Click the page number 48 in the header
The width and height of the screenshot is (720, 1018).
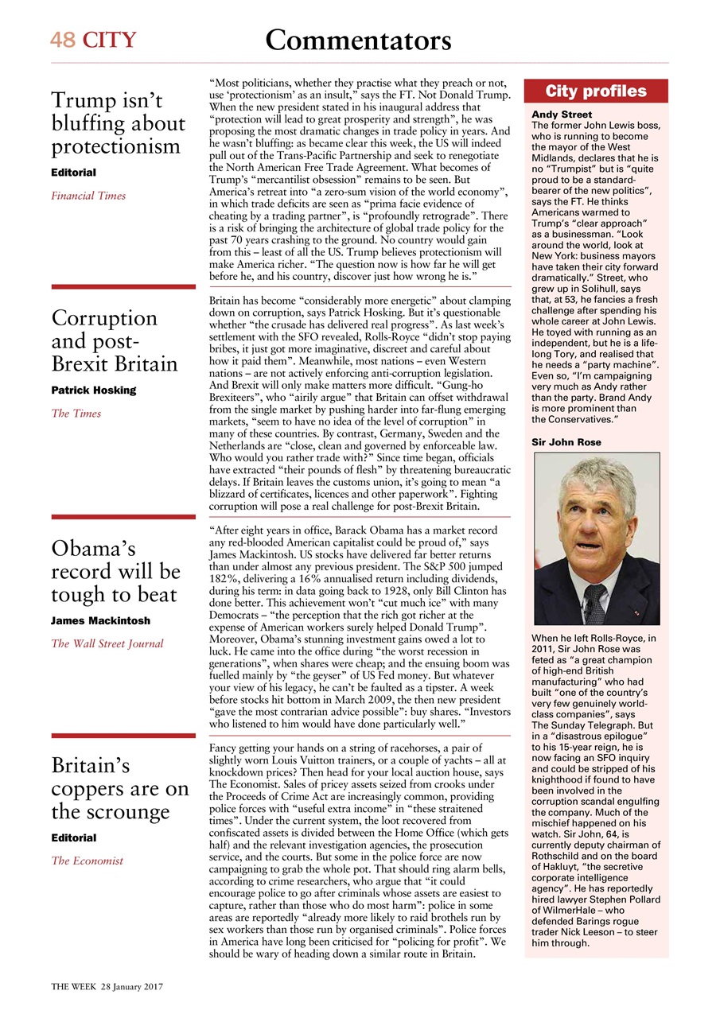[64, 40]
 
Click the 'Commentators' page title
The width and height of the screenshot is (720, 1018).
[358, 39]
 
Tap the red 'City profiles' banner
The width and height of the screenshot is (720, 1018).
[596, 91]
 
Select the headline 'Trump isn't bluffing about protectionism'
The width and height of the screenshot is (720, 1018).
[118, 124]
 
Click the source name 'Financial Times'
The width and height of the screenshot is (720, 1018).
[88, 196]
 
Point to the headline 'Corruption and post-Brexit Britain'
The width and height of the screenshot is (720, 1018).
[115, 341]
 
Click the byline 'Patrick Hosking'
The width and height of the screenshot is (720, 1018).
[93, 390]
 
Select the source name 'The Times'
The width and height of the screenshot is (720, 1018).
[76, 414]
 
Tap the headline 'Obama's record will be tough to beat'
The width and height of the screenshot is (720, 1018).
[115, 572]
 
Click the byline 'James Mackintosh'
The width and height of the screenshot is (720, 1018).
[100, 620]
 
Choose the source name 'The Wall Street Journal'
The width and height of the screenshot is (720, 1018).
[107, 643]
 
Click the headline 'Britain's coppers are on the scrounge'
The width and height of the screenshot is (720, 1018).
[120, 789]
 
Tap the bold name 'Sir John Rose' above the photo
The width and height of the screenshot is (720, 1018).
[566, 442]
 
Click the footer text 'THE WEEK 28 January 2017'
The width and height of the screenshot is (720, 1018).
[107, 986]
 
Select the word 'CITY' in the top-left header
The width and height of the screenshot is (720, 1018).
[109, 40]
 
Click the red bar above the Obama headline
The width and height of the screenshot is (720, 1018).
[123, 517]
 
